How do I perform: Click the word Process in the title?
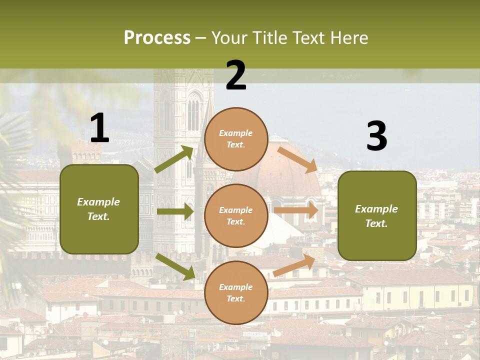[x=157, y=38]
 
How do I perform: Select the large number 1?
[x=99, y=128]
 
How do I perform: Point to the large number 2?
[x=236, y=75]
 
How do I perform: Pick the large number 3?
[x=376, y=136]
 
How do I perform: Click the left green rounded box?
[x=99, y=209]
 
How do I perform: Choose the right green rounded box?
[x=377, y=216]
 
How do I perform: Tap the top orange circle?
[x=236, y=139]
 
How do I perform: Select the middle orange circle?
[x=236, y=215]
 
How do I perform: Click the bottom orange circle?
[x=236, y=292]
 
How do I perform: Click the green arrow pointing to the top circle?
[x=174, y=159]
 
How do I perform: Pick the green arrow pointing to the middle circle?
[x=175, y=211]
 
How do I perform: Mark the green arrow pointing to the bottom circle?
[x=175, y=266]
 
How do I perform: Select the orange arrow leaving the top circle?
[x=297, y=159]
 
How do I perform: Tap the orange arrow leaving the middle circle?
[x=296, y=210]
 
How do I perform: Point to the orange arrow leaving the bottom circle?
[x=294, y=265]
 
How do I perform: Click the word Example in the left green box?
[x=98, y=202]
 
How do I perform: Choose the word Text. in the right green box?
[x=376, y=223]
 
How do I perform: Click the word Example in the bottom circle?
[x=236, y=287]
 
